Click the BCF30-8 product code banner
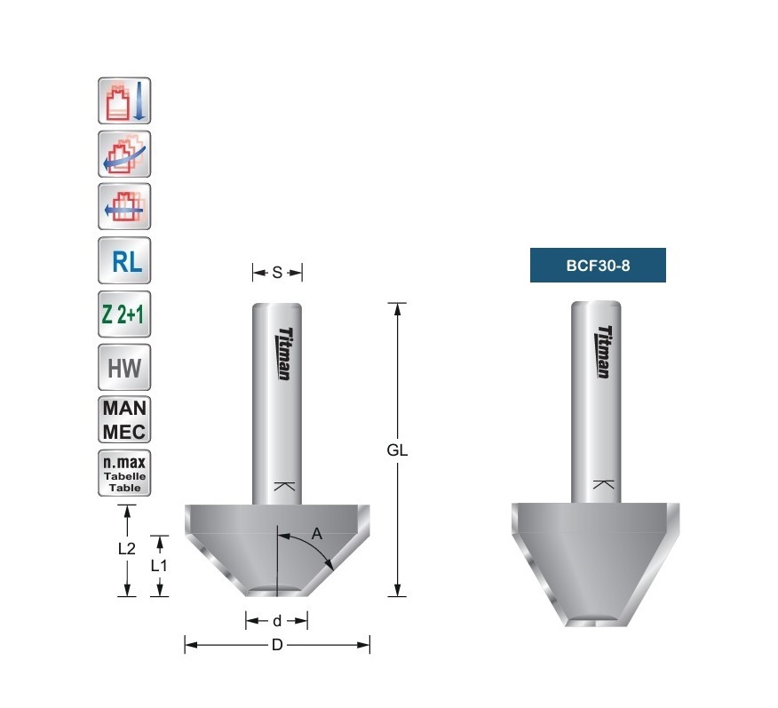598,265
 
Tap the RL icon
124,260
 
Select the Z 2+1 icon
124,314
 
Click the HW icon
124,367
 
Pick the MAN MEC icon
124,420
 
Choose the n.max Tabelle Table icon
124,473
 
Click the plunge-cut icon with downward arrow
124,100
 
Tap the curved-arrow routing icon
124,154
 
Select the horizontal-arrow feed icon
124,206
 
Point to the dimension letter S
277,273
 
